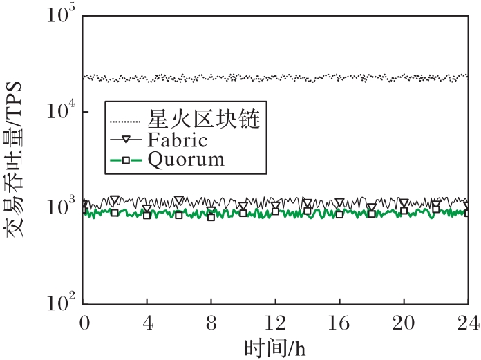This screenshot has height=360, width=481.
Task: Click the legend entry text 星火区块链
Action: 204,120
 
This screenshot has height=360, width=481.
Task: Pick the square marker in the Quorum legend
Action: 126,160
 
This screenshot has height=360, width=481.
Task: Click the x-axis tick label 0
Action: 84,322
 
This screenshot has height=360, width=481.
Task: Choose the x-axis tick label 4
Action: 147,322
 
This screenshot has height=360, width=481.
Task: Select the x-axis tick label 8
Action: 211,322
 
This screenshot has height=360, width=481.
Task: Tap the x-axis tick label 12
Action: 276,322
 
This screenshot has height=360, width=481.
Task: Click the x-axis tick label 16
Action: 339,322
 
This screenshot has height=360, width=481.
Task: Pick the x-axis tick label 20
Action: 404,322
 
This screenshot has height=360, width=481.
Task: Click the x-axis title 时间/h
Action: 274,345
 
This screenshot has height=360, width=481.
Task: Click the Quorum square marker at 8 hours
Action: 211,217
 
